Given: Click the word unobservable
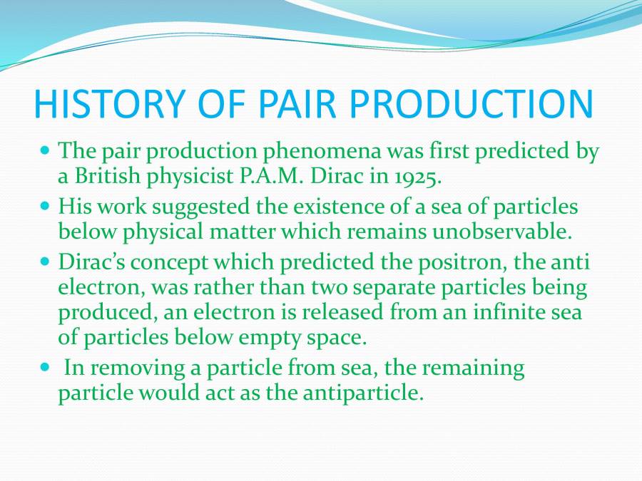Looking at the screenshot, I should point(540,231).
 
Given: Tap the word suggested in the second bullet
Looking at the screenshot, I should point(196,207).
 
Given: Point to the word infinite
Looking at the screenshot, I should point(485,311).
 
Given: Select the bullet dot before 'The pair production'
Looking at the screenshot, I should point(46,151).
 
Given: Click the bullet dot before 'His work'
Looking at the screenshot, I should point(46,207).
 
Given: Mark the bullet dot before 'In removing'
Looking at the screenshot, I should point(46,368).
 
